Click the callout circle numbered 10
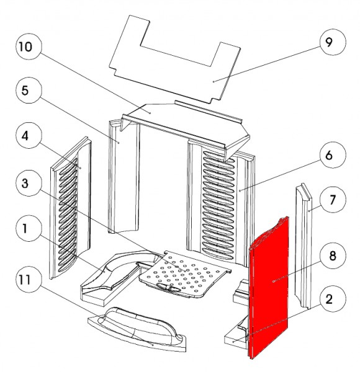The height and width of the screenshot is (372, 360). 29,46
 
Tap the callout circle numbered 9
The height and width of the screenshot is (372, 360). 333,42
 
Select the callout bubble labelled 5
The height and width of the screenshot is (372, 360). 29,90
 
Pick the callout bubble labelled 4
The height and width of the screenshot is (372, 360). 29,135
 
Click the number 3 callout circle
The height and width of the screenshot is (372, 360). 29,183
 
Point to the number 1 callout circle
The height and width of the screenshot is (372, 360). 29,228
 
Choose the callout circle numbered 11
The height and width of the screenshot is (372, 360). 29,280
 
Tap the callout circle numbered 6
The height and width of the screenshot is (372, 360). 333,155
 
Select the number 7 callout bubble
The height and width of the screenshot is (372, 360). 333,200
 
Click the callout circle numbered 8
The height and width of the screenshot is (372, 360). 333,255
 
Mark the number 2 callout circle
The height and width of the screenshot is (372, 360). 333,299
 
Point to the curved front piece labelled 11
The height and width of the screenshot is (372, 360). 137,329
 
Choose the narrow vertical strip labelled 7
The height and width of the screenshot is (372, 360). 304,247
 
